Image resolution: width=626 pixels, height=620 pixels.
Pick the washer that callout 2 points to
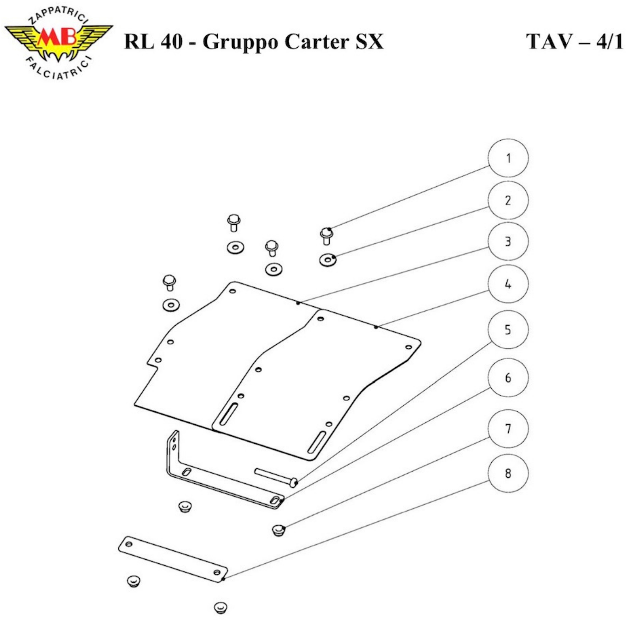(x=328, y=259)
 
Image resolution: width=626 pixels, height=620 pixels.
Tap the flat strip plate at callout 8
(x=173, y=559)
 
